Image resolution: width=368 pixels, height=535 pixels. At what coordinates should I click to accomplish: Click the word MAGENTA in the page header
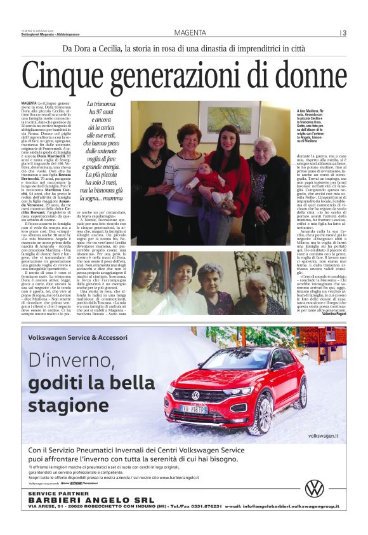(x=190, y=33)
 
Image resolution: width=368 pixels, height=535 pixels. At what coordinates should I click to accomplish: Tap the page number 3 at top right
(x=344, y=33)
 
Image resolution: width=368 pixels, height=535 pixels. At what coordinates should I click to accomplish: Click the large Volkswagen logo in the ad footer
(x=314, y=487)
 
